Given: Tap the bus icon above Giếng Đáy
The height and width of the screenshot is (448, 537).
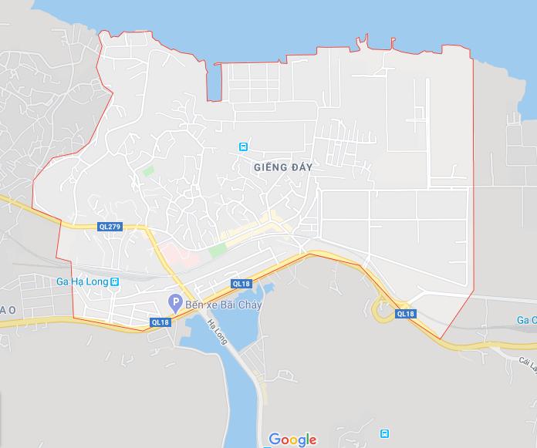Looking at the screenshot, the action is [243, 146].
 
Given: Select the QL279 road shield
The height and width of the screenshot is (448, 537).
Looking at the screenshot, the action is [109, 227].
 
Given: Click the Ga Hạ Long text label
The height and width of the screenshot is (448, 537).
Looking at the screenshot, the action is [82, 282].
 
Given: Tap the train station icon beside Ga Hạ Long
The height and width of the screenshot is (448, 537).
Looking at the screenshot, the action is [115, 282].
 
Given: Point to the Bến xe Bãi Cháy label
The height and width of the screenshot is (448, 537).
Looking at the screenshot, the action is [224, 305].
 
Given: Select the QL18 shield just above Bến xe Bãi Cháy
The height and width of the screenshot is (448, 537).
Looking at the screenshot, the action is [241, 284].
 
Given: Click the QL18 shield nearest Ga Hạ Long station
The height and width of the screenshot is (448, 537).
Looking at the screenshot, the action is [160, 322].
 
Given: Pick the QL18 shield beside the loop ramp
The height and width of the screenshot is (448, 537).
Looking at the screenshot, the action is [405, 314].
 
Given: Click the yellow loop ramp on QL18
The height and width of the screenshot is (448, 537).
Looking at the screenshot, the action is [382, 310].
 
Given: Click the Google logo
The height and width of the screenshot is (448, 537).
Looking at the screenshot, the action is [292, 440].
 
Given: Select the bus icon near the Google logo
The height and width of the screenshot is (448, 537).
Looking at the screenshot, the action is [385, 433].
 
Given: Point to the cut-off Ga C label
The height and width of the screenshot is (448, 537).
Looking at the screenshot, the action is [526, 320].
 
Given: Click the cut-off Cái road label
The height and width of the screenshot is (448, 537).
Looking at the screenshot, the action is [528, 362].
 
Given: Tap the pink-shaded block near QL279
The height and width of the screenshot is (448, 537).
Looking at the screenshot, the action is [176, 255].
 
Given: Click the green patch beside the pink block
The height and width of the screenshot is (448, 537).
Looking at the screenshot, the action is [218, 250].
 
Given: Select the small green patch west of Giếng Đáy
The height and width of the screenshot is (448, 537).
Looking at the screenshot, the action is [148, 170].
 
